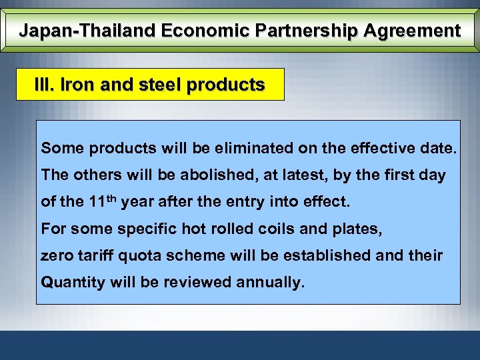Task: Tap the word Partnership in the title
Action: coord(295,31)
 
